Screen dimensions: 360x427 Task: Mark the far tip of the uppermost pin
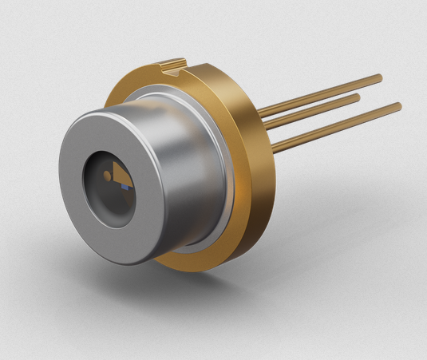(379, 77)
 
